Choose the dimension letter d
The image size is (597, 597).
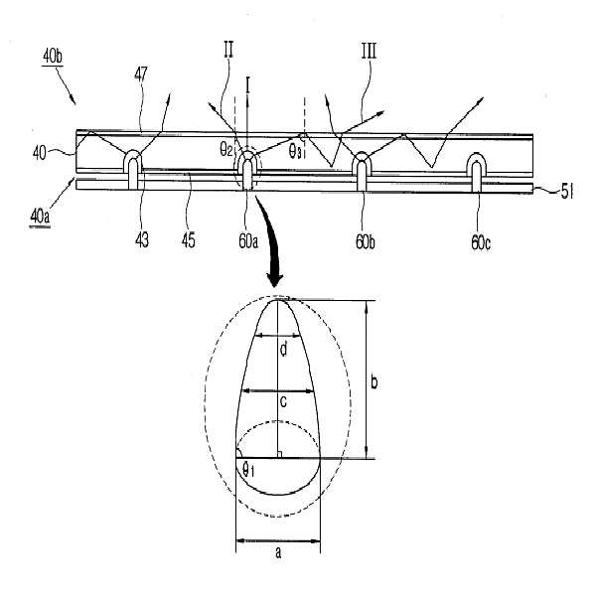coord(282,350)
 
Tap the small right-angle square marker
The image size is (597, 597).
coord(283,454)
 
